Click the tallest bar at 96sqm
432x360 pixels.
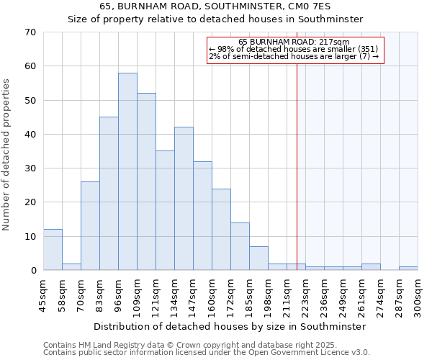(127, 171)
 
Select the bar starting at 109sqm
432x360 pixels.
(146, 181)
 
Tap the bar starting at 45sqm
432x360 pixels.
(53, 250)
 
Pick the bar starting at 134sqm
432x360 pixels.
(184, 199)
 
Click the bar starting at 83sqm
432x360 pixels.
(109, 194)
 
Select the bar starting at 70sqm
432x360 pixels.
(90, 226)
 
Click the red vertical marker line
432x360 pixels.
(297, 158)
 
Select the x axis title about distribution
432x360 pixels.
(230, 326)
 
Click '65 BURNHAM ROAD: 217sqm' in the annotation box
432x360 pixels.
(294, 42)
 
